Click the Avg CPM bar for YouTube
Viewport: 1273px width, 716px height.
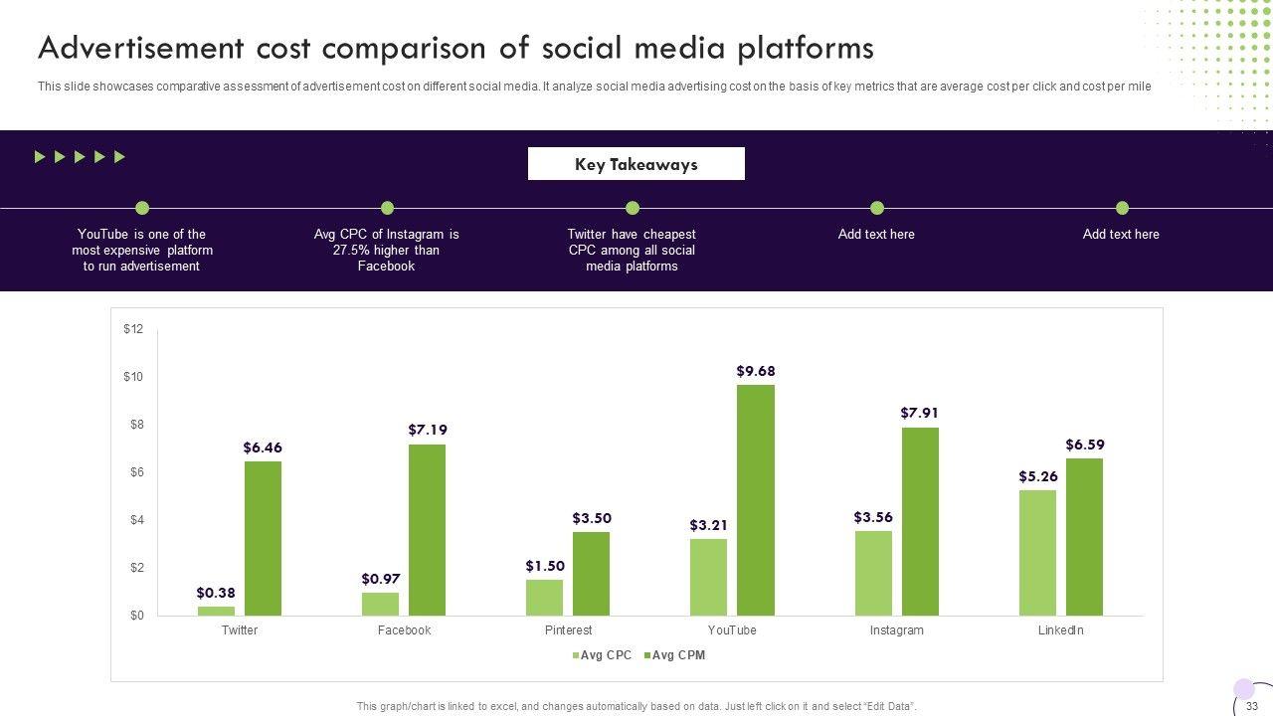tap(756, 500)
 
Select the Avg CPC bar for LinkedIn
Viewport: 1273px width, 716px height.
tap(1037, 553)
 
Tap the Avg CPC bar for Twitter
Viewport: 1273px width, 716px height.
tap(216, 611)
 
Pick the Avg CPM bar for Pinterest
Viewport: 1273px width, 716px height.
tap(591, 574)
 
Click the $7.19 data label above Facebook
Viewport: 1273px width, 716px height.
tap(428, 430)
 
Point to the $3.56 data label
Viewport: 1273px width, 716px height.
tap(873, 517)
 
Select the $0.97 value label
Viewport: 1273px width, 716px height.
tap(381, 579)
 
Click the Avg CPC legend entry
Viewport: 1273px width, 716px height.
tap(602, 655)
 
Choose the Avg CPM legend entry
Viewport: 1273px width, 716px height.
tap(675, 655)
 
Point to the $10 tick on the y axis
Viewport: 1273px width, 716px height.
tap(133, 377)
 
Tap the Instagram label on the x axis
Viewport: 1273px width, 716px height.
tap(896, 630)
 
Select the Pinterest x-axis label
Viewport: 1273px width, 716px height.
tap(568, 630)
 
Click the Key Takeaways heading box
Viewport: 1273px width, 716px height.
tap(636, 164)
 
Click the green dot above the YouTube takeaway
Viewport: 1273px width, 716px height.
tap(142, 208)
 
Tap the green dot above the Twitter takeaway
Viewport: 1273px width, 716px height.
tap(632, 208)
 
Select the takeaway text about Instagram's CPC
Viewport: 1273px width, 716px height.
tap(386, 250)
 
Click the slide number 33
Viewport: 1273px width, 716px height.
tap(1252, 706)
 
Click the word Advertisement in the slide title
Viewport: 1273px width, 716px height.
tap(140, 48)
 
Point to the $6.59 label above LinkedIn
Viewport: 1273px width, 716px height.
tap(1085, 445)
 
